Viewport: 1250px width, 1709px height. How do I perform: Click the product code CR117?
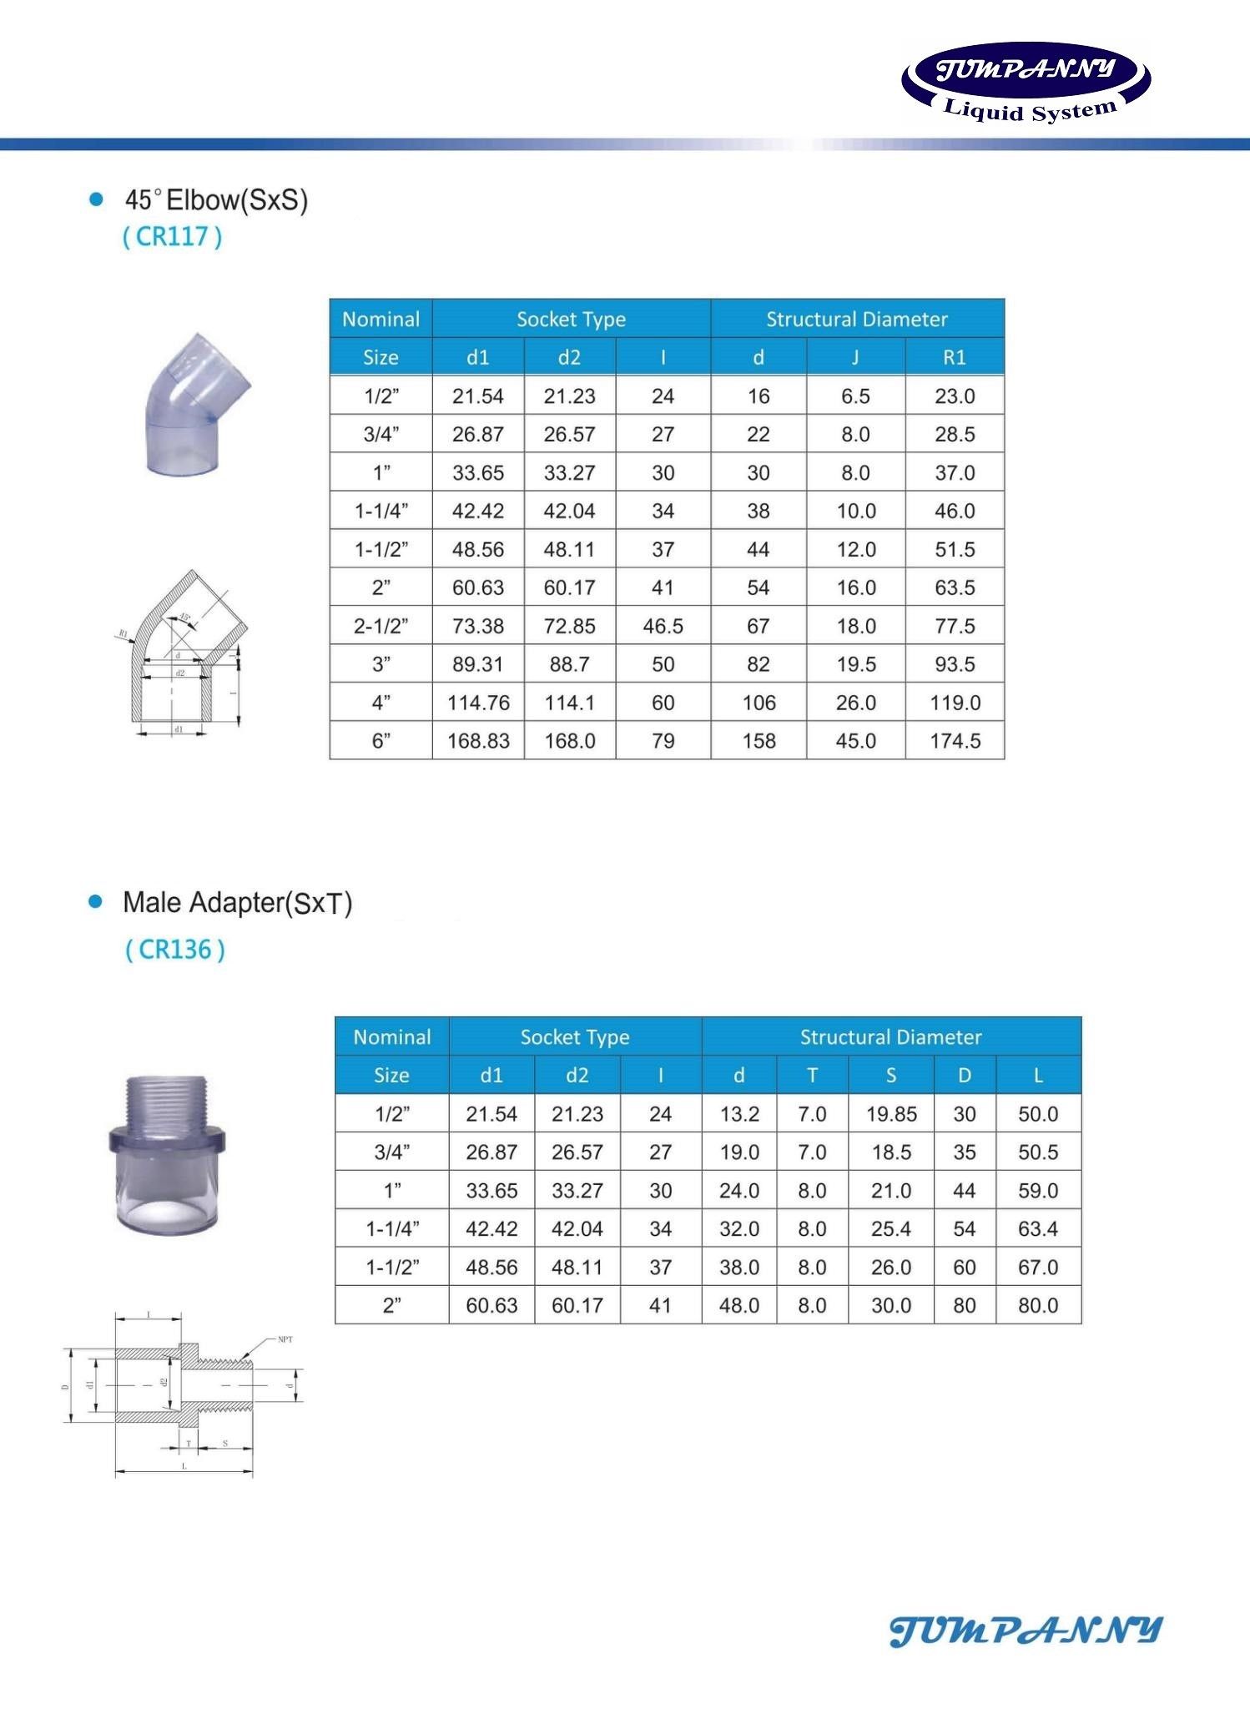(173, 237)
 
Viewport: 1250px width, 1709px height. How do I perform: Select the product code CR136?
(175, 950)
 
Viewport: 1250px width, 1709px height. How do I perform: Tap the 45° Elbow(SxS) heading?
(216, 200)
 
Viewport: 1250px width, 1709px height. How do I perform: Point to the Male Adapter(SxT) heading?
(237, 903)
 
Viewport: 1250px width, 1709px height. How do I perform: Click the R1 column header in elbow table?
(954, 357)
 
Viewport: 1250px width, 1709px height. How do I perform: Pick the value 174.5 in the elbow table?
(955, 741)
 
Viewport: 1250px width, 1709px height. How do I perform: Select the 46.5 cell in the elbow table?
(663, 626)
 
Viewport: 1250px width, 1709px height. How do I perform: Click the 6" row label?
(381, 741)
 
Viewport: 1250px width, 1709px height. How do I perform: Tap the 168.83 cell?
(478, 741)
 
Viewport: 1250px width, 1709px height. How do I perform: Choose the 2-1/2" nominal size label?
(381, 626)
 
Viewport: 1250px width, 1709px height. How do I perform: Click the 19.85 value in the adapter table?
(890, 1114)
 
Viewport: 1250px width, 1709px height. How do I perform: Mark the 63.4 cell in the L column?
(1038, 1229)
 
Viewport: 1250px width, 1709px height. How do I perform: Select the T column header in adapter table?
(812, 1076)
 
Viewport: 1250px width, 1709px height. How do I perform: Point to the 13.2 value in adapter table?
(739, 1114)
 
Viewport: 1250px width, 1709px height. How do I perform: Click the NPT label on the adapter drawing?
(285, 1340)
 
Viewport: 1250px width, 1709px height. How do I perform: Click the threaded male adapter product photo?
(167, 1156)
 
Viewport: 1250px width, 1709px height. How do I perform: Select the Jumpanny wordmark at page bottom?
(1026, 1631)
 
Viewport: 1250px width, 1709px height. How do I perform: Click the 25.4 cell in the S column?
(890, 1229)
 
